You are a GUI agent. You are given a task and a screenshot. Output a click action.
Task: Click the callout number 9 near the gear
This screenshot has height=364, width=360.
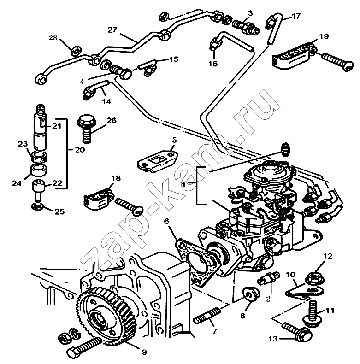pyautogui.click(x=144, y=352)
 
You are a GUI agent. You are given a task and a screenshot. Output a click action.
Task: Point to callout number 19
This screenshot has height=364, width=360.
pyautogui.click(x=323, y=35)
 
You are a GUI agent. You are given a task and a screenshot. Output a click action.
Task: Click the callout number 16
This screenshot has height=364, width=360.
pyautogui.click(x=212, y=64)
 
